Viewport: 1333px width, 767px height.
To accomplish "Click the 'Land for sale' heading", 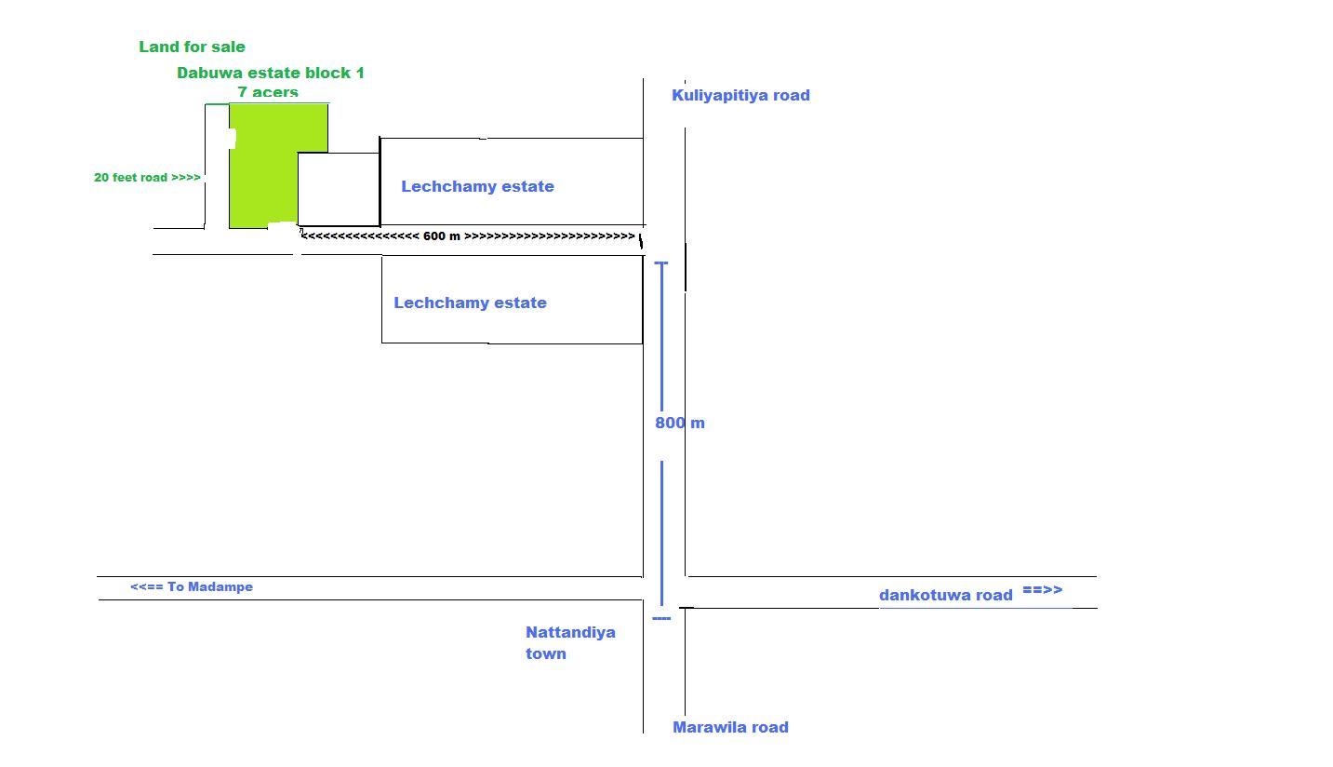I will pyautogui.click(x=192, y=47).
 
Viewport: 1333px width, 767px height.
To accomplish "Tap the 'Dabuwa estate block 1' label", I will pyautogui.click(x=270, y=73).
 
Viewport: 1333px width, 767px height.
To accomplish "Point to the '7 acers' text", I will pyautogui.click(x=268, y=91).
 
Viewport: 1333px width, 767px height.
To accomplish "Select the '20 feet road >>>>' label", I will pyautogui.click(x=147, y=177).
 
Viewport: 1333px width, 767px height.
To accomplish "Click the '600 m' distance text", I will pyautogui.click(x=442, y=236).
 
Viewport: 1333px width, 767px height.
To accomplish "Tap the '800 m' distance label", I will pyautogui.click(x=680, y=423).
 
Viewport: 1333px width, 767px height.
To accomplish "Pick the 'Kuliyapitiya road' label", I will pyautogui.click(x=740, y=95).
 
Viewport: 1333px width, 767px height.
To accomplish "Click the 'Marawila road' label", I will pyautogui.click(x=730, y=727).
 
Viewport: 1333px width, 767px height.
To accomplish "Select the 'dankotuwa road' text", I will pyautogui.click(x=945, y=595).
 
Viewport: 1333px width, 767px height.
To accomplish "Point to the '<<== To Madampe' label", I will pyautogui.click(x=192, y=586).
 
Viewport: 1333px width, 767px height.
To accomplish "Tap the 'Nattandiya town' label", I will pyautogui.click(x=569, y=642).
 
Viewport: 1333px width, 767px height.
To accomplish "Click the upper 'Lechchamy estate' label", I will pyautogui.click(x=477, y=186).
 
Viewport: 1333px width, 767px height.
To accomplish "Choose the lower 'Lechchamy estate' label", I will pyautogui.click(x=470, y=303).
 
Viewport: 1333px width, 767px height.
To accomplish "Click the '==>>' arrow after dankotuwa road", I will pyautogui.click(x=1042, y=590).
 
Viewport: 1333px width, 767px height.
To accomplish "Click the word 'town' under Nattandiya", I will pyautogui.click(x=546, y=653).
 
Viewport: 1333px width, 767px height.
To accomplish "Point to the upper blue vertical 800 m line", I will pyautogui.click(x=661, y=335).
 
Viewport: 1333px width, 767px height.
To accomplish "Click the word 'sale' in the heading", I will pyautogui.click(x=228, y=47).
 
